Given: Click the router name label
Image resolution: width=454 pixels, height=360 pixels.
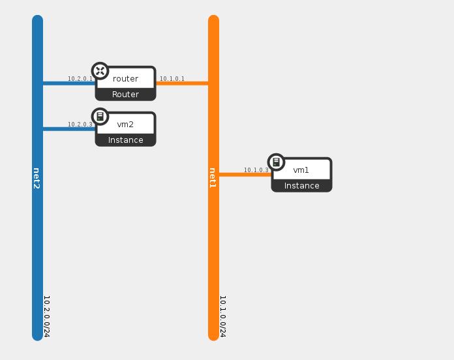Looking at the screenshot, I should pos(125,79).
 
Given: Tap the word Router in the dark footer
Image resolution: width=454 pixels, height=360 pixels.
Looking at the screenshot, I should pos(125,95).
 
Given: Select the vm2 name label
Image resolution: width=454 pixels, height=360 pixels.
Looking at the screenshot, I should pos(125,125).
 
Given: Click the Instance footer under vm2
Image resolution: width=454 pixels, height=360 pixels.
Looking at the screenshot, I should pos(125,140).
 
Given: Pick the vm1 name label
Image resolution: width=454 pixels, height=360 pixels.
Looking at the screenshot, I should pos(301,170).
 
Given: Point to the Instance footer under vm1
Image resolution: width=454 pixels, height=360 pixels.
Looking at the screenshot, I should pos(301,186).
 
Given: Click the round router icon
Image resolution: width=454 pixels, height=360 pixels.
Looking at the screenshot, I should pos(100,71).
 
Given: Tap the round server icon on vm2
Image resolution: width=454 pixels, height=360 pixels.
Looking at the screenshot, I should pos(100,117).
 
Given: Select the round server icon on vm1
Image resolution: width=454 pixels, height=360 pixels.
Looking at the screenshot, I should pos(276,162).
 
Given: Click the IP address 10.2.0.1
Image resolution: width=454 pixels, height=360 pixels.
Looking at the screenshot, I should pos(80,79).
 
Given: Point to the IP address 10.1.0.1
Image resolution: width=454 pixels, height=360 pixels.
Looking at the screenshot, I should pos(172,79).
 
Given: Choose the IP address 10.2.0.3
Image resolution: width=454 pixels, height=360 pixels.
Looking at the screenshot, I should pos(80,125).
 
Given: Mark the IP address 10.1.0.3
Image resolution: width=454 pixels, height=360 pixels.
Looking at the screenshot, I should pos(256,170).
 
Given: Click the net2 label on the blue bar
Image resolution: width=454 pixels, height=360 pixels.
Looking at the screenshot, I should pos(37,179).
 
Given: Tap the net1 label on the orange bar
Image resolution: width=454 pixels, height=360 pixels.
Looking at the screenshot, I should pos(213,179).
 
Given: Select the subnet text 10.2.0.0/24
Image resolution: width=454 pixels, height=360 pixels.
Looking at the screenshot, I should pos(47,316).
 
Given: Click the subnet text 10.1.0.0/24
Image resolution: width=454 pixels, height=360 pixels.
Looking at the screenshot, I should pos(222,316).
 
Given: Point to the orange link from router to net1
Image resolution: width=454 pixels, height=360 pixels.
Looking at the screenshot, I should pos(182,83).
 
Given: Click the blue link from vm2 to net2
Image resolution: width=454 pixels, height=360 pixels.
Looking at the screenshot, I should pos(68,129).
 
